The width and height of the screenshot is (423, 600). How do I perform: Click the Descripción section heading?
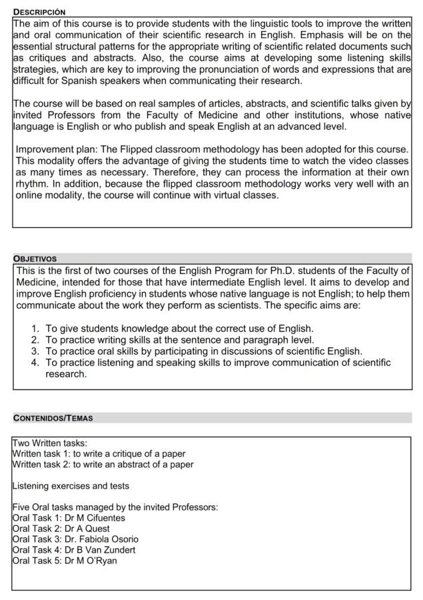pos(39,12)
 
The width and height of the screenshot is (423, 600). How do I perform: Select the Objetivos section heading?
pos(35,258)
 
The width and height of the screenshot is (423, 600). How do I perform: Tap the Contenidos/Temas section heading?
pos(53,418)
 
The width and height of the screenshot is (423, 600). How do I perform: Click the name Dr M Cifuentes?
pos(95,517)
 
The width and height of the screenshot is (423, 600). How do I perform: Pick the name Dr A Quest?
pos(87,528)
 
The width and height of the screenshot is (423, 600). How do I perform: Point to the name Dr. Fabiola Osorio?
pos(101,539)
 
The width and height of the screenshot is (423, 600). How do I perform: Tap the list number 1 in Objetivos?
pos(36,329)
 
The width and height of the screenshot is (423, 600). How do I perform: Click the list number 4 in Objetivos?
pos(36,363)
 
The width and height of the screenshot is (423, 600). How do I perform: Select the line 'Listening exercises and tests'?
pos(71,485)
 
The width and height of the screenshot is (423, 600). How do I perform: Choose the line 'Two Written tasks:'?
pos(49,443)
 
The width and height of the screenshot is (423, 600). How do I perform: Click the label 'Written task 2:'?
pos(41,464)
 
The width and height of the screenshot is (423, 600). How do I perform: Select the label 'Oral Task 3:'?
pos(37,539)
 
